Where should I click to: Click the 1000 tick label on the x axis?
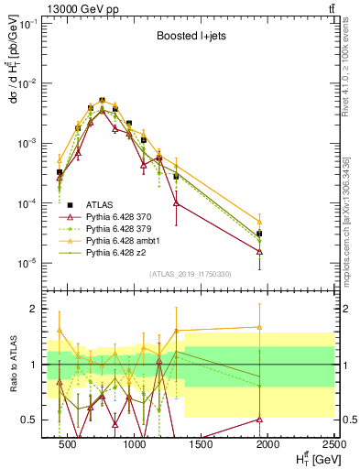pos(135,445)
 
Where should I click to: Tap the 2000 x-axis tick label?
pos(266,445)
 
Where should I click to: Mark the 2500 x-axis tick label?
pos(330,445)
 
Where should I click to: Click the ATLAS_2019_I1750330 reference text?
pos(190,274)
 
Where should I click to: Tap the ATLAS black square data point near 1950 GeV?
pos(260,234)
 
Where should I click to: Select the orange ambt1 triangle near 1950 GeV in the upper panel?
pos(260,222)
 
